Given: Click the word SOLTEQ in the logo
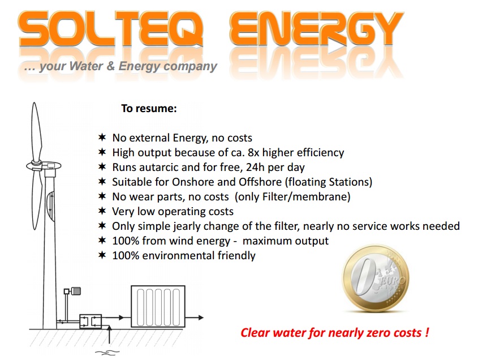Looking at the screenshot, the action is [x=111, y=29].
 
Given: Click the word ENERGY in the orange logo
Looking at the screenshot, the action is [x=316, y=29].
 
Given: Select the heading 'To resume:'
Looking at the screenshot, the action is [x=149, y=108].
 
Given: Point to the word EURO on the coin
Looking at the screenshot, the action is [x=394, y=280].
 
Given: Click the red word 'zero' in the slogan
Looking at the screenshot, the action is [x=378, y=332].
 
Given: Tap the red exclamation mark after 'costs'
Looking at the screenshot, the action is [x=427, y=332].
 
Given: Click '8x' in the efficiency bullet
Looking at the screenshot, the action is [x=253, y=152].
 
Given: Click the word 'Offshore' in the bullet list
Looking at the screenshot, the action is [x=260, y=182].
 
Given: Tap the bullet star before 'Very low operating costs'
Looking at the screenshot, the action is [x=102, y=211].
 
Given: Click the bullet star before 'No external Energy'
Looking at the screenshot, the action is [x=102, y=138].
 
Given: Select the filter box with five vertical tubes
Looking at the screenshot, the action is [x=158, y=306].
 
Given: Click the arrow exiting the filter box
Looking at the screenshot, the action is [x=194, y=318].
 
